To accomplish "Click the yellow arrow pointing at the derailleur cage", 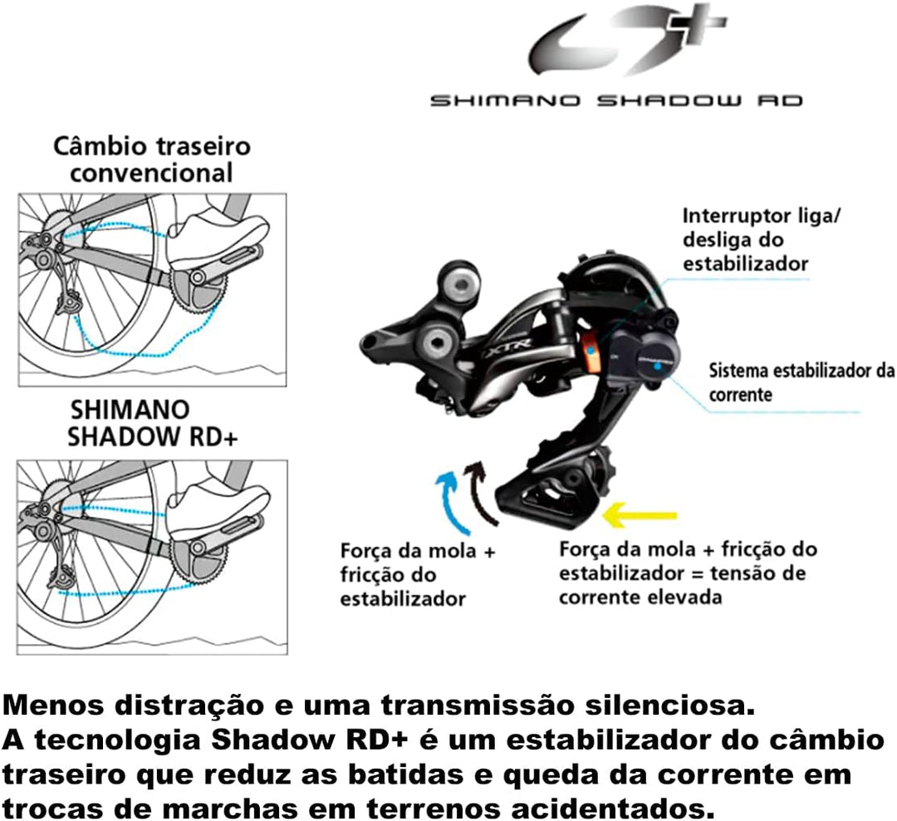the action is (x=640, y=514).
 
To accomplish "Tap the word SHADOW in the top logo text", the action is (x=669, y=101).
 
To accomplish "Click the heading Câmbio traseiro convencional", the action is (x=152, y=160).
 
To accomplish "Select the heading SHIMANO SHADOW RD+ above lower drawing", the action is (x=152, y=423).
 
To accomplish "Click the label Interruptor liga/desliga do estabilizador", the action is (x=761, y=239).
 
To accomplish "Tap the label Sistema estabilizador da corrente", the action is (x=801, y=382).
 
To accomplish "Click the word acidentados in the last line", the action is (x=613, y=809).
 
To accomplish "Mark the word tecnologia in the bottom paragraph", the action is (x=118, y=740).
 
